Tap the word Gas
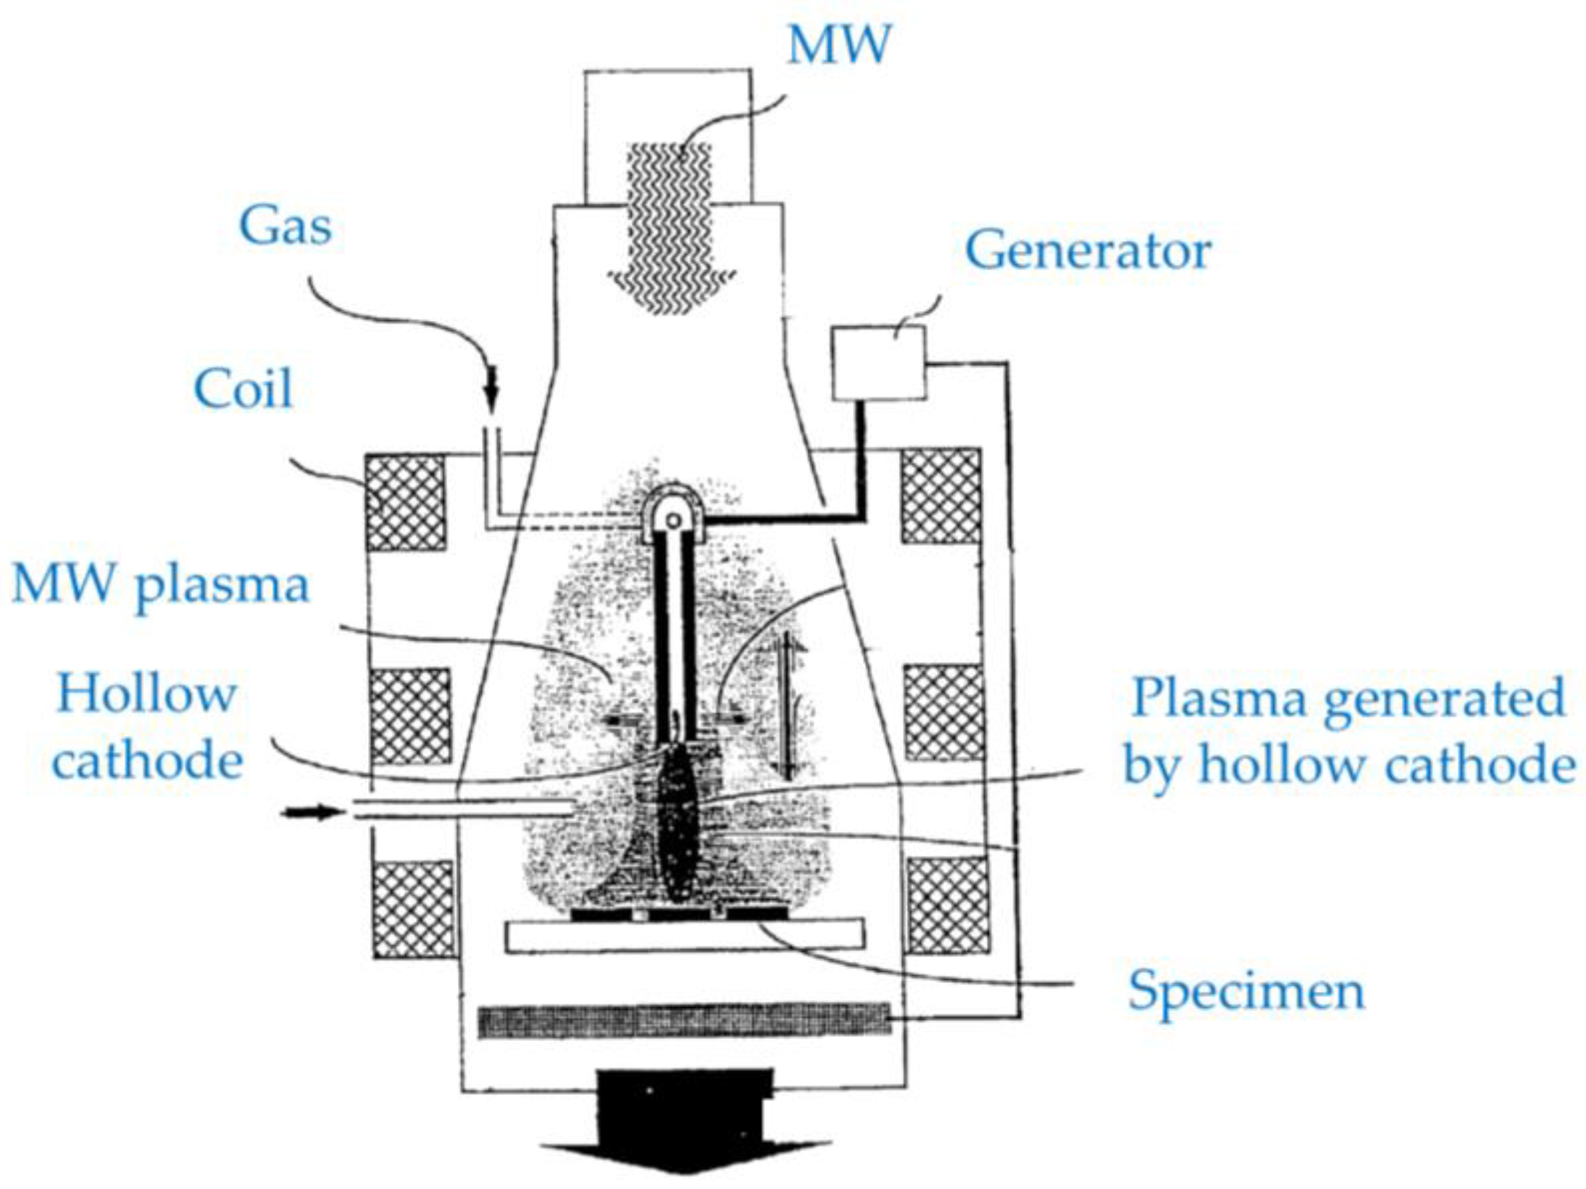coord(285,227)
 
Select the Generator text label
coord(1088,252)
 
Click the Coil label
coord(243,390)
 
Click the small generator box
coord(878,363)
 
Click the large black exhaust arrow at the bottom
coord(685,1125)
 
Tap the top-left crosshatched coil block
coord(405,502)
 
